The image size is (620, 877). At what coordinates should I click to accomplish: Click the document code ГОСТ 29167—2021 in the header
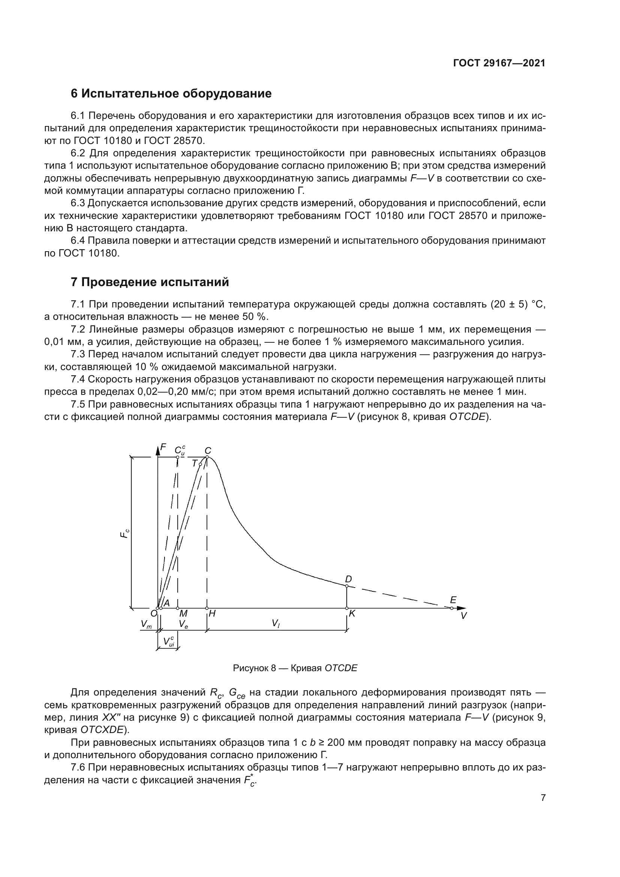tap(499, 63)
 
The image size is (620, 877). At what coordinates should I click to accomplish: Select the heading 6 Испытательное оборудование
tap(171, 94)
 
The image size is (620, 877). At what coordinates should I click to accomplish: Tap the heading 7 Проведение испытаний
tap(150, 282)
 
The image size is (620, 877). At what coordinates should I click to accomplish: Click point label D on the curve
tap(348, 579)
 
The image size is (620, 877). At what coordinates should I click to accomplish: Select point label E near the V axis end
tap(453, 600)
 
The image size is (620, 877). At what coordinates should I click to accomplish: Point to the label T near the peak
tap(194, 463)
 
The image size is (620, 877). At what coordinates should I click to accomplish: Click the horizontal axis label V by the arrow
tap(464, 616)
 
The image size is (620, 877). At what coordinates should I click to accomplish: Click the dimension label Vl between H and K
tap(276, 624)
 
